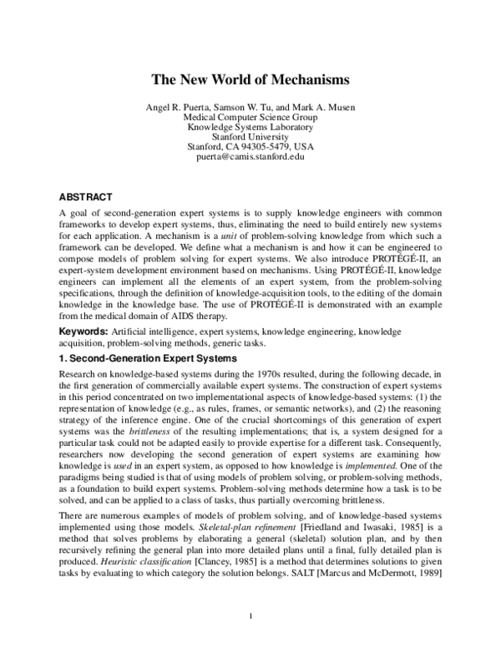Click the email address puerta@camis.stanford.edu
(x=250, y=157)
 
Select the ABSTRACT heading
(x=85, y=197)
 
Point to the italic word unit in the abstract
(x=220, y=236)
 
